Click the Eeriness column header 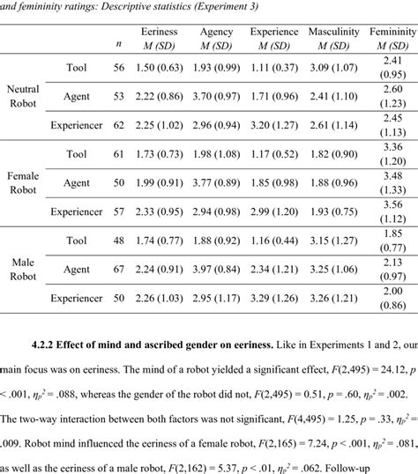coord(159,33)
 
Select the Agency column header coord(216,33)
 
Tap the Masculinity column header coord(333,33)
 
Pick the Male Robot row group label coord(22,269)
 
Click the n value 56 coord(119,67)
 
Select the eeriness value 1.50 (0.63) coord(159,67)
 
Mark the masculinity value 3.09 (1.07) coord(333,67)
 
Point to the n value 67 coord(119,269)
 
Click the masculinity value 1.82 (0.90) coord(333,153)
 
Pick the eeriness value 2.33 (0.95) coord(159,211)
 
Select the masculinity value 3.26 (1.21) coord(333,298)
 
